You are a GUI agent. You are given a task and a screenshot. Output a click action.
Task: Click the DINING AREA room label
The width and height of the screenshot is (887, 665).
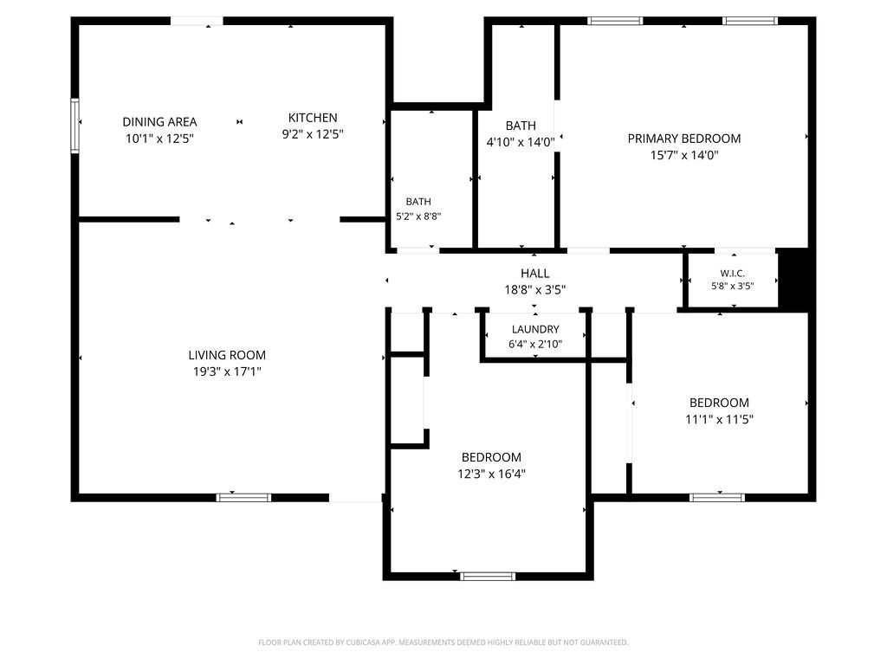click(159, 121)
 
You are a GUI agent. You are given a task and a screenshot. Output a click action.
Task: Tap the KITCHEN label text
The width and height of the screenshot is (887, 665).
click(313, 118)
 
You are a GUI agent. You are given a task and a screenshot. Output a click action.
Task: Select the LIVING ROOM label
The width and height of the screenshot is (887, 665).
click(227, 355)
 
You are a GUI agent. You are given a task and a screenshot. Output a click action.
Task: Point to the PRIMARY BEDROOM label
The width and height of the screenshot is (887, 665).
click(684, 139)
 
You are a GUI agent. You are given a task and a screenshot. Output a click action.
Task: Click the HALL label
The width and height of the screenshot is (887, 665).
click(534, 274)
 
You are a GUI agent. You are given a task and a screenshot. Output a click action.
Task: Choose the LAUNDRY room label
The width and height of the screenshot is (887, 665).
click(535, 329)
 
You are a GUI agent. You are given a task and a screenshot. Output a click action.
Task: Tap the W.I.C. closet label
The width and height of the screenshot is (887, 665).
click(733, 274)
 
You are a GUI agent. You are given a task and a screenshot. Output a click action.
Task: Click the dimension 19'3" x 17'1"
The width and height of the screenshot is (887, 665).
click(227, 371)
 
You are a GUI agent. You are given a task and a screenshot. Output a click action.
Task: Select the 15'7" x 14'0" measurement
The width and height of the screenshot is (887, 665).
click(684, 155)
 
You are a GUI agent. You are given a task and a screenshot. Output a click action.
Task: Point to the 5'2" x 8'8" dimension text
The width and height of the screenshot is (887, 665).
click(418, 216)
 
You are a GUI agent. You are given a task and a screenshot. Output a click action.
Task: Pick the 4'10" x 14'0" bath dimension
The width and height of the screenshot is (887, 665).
click(521, 142)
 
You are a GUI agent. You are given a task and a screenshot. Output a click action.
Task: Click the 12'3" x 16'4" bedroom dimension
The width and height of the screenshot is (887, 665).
click(491, 474)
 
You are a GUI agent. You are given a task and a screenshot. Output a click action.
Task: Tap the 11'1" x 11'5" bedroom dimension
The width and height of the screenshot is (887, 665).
click(719, 420)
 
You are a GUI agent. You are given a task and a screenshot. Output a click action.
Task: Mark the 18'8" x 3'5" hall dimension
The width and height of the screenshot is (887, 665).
click(534, 290)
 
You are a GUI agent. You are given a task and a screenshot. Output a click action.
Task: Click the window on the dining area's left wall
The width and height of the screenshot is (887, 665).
click(74, 126)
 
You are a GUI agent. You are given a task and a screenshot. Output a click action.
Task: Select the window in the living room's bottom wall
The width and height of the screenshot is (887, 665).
click(243, 498)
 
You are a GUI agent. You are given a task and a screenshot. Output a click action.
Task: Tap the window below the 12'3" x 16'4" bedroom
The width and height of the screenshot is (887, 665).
click(488, 576)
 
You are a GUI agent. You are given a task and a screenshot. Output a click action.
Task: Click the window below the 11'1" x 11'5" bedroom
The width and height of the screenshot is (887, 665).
click(716, 498)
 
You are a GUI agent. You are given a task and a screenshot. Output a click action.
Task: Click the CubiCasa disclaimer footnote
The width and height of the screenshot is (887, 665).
click(443, 642)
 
